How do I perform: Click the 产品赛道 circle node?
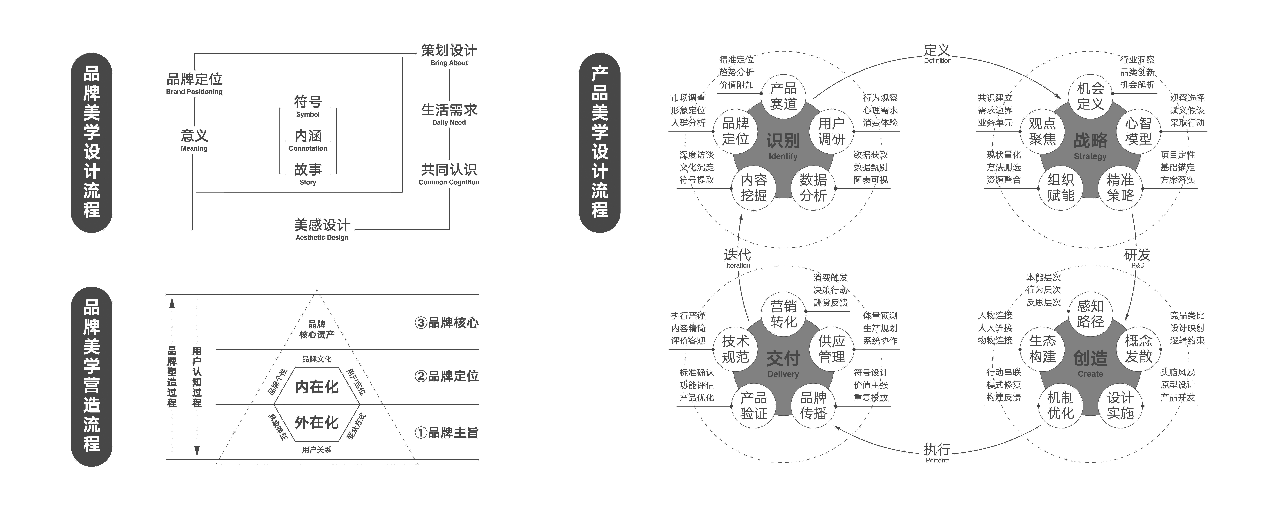[783, 96]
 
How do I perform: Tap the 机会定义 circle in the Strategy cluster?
[1090, 96]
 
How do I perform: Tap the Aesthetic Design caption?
[322, 238]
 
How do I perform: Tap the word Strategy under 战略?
[1090, 156]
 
